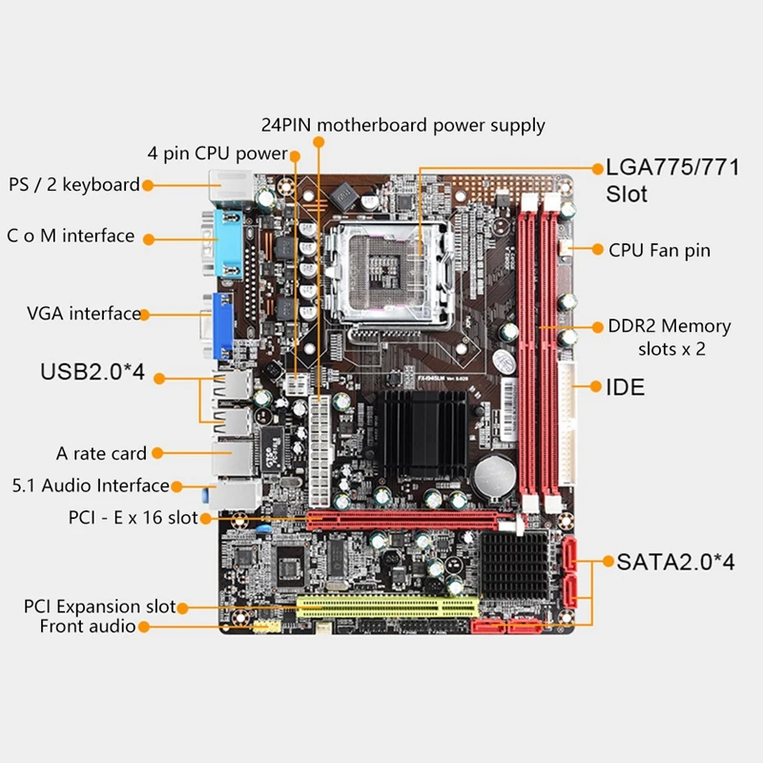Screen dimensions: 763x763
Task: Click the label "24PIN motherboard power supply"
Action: click(403, 125)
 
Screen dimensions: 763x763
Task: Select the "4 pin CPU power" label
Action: click(217, 153)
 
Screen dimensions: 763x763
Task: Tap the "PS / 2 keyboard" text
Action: click(74, 184)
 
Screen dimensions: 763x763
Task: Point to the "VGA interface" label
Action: click(84, 313)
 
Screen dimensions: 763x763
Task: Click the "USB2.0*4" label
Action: click(92, 372)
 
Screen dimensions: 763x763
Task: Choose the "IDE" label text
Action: click(626, 387)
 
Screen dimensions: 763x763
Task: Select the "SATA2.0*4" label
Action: click(675, 562)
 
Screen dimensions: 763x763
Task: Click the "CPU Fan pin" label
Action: click(660, 250)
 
